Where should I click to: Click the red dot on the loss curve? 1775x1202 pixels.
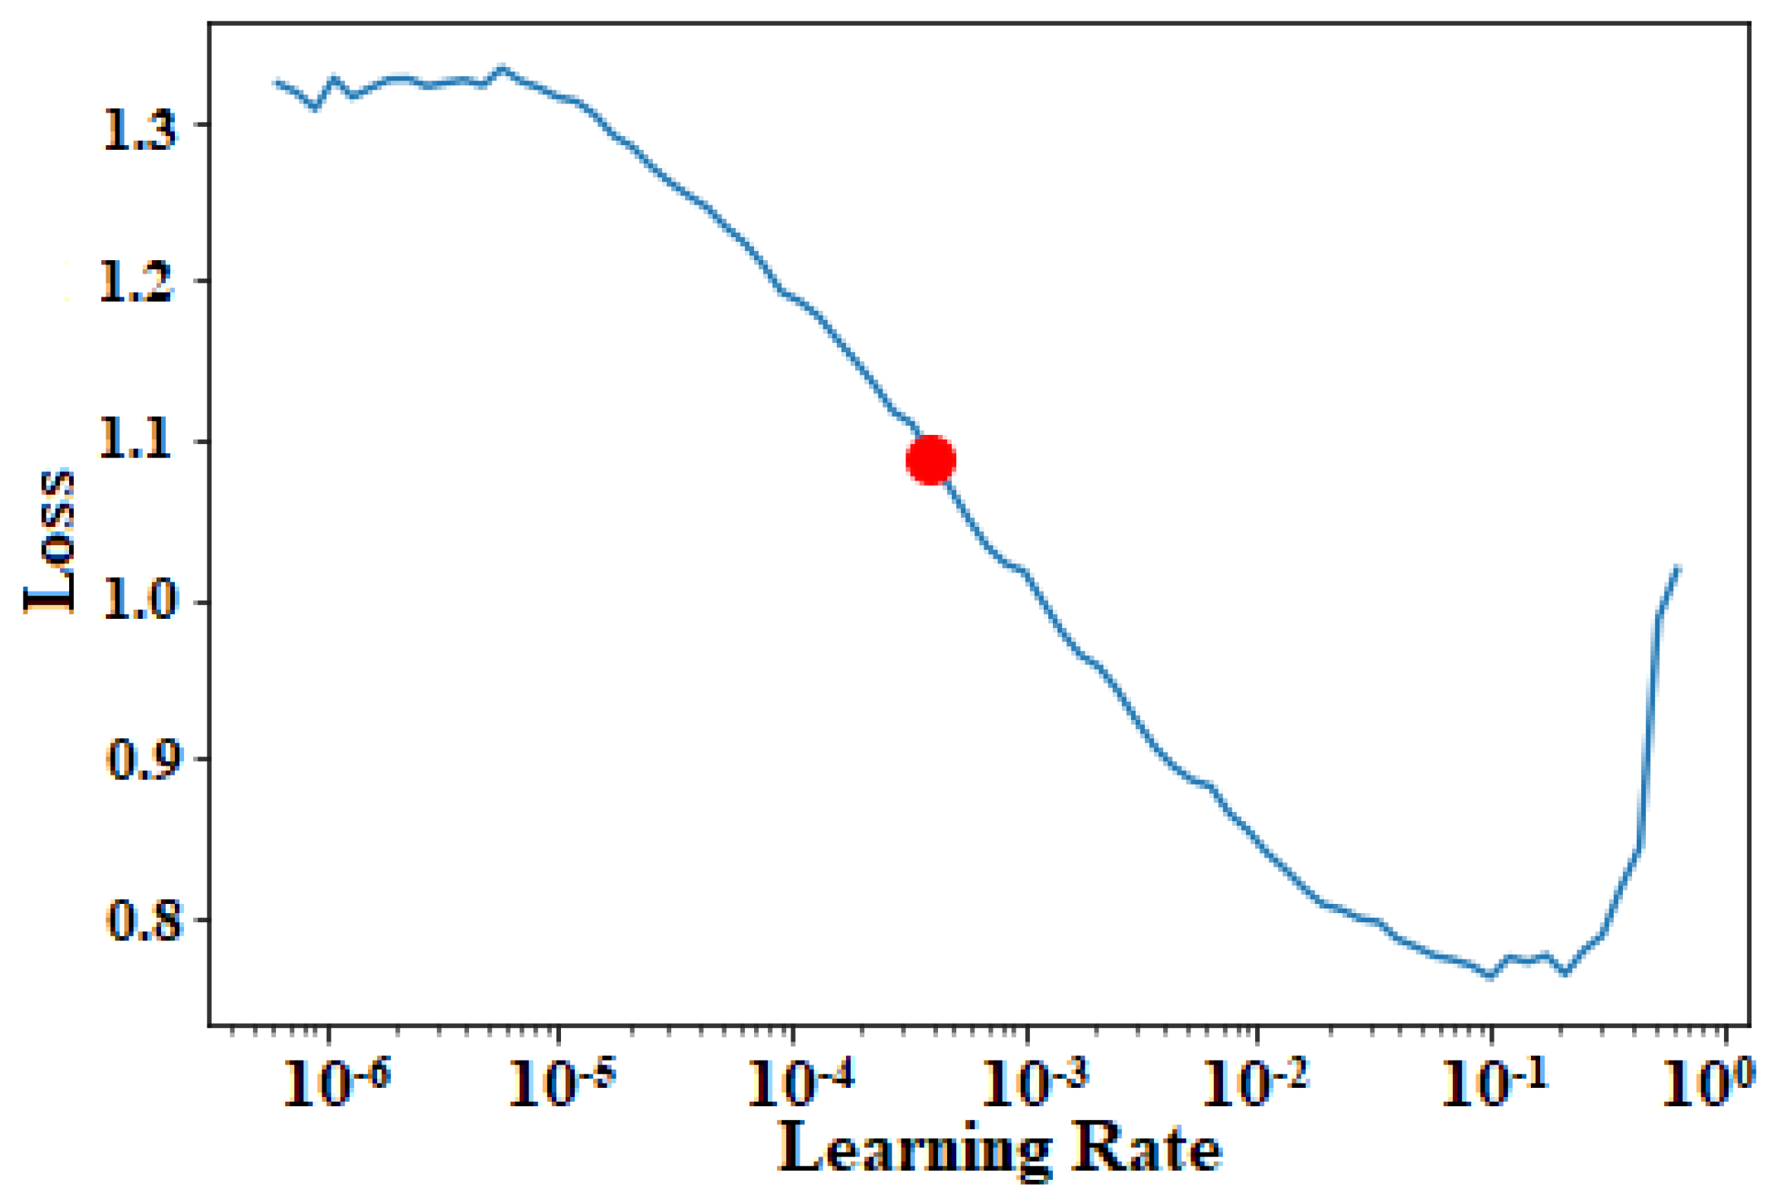click(930, 460)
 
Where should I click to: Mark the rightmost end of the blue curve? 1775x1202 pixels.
click(1677, 567)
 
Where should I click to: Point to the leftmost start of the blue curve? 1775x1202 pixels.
click(277, 81)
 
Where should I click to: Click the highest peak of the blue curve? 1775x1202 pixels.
click(501, 67)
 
